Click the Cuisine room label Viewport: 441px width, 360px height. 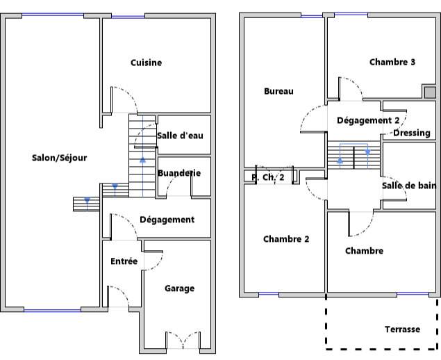147,63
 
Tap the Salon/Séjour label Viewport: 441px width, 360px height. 59,158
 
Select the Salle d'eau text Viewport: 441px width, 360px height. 180,136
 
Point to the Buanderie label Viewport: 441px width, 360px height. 179,173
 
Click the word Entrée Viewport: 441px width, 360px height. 124,261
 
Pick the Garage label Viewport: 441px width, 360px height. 179,288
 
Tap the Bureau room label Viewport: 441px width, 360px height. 278,91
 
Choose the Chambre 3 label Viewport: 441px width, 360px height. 392,62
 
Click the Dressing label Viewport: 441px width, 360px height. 412,133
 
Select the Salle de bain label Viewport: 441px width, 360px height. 409,186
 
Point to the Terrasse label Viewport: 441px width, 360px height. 403,329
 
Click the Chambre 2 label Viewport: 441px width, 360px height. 286,239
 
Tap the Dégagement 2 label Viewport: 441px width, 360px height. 368,120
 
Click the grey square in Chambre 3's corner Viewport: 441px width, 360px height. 430,92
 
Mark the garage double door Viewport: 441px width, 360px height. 183,340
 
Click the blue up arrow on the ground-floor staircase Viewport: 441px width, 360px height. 143,160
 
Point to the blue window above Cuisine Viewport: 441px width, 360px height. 128,17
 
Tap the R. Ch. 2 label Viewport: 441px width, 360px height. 268,177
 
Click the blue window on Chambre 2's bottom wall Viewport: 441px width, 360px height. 269,294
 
